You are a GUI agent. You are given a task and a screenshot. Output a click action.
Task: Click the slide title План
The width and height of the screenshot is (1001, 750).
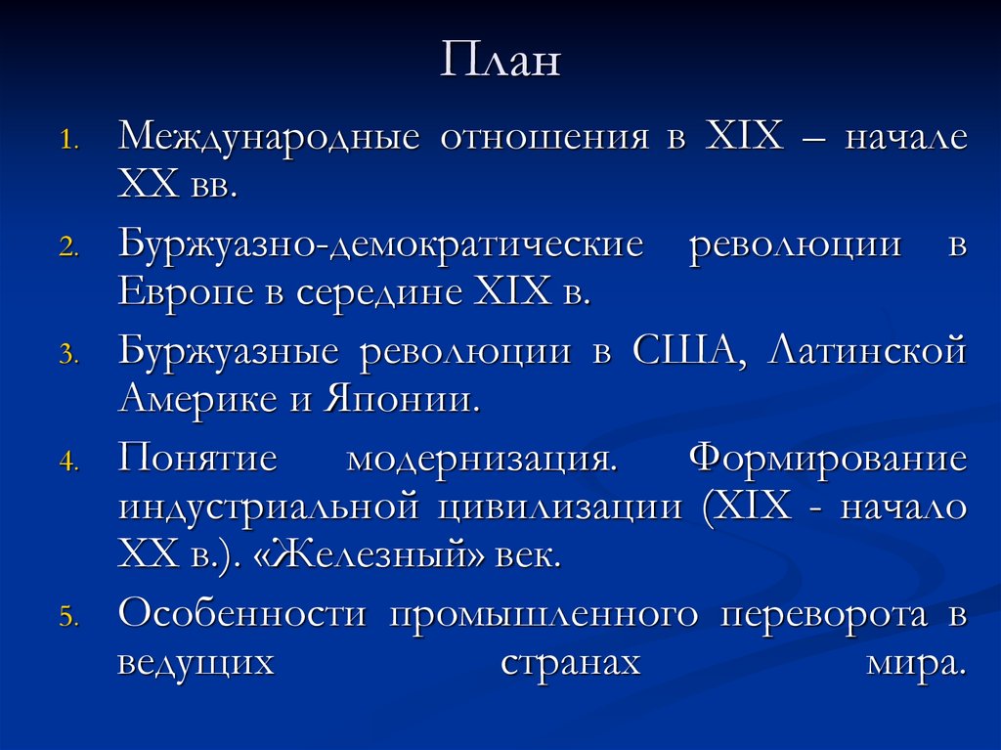(500, 61)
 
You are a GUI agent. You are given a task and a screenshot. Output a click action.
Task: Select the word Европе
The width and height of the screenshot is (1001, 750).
(181, 292)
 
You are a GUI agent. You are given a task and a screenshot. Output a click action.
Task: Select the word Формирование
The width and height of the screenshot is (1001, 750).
(828, 458)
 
